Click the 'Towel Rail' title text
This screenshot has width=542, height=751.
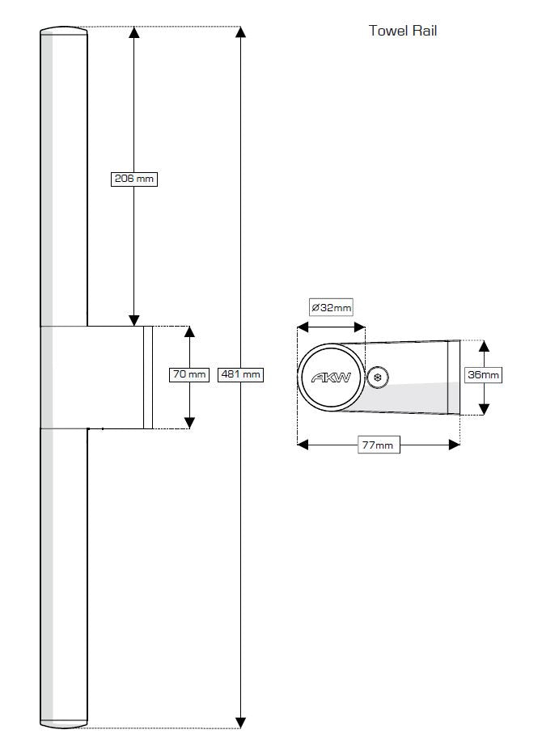pos(403,32)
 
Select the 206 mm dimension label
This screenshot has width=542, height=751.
pos(133,179)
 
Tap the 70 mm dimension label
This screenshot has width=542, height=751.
pos(189,374)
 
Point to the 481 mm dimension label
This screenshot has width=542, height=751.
pos(241,374)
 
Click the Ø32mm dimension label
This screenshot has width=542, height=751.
pos(332,307)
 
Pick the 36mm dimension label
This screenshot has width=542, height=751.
pos(484,374)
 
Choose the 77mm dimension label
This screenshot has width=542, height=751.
pos(379,445)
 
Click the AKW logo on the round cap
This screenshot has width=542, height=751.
pos(331,377)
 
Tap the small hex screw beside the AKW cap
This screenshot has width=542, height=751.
pos(378,377)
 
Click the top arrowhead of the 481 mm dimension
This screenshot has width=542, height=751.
pos(241,33)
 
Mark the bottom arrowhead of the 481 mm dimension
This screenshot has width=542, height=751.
pos(241,721)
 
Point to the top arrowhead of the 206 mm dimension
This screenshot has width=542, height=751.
pos(134,33)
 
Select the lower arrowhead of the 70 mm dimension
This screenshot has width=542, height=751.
pos(189,421)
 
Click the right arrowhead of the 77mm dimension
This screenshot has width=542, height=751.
pos(454,444)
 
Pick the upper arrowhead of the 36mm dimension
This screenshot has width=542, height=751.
pos(484,347)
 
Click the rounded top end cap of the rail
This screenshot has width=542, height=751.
pos(63,31)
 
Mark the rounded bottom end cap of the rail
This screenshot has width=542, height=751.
pos(63,724)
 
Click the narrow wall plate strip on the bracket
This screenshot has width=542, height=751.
pos(148,377)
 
